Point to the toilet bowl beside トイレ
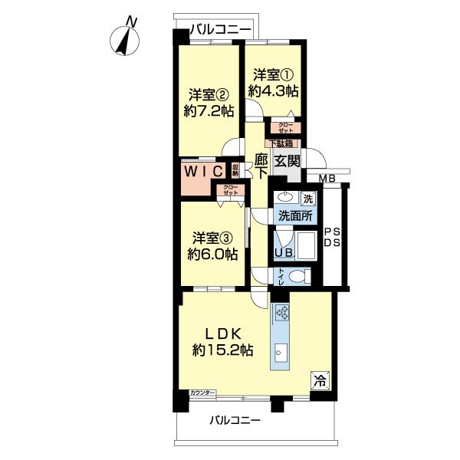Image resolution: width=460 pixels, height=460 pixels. (299, 276)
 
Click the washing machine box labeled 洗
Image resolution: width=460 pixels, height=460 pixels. (307, 199)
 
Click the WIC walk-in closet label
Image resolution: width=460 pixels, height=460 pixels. (202, 169)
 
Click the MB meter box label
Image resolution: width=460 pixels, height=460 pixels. (328, 179)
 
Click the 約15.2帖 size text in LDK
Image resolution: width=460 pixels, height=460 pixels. (223, 350)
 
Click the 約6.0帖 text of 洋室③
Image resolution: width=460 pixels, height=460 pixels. (209, 254)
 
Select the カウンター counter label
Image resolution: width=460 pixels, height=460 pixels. (203, 393)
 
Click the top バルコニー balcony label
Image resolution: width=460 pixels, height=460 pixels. (220, 29)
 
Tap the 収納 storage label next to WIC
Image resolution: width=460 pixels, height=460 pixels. (235, 169)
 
